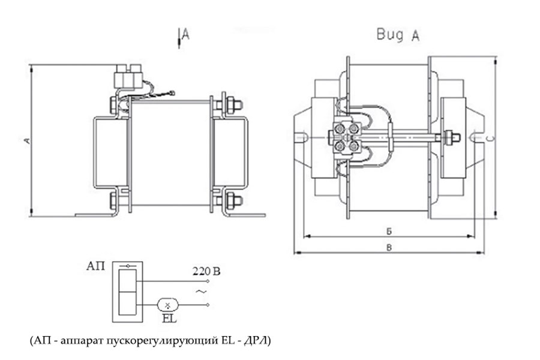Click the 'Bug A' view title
click(398, 35)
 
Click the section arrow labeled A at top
click(182, 35)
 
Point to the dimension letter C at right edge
click(490, 139)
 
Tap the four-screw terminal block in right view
click(347, 137)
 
